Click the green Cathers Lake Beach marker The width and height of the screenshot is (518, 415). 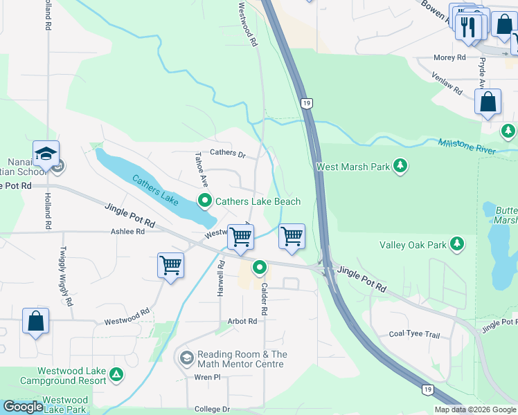point(205,201)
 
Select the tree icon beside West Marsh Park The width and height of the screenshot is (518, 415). point(400,166)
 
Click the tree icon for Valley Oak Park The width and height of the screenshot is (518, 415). point(456,244)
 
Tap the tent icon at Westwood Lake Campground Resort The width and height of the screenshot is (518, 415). point(117,376)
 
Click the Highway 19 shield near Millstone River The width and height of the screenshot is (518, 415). point(305,103)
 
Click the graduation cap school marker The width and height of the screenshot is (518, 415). point(46,154)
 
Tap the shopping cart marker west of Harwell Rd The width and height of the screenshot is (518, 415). point(170,265)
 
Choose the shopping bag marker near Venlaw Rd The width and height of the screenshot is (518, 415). point(488,102)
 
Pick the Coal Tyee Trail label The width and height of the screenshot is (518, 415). point(414,335)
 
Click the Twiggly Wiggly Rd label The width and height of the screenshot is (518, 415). point(65,276)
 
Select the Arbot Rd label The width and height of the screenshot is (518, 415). point(242,322)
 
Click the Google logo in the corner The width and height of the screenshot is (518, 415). point(23,407)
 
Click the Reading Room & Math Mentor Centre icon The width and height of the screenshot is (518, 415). point(186,358)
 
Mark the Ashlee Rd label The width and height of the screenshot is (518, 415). point(127,232)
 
